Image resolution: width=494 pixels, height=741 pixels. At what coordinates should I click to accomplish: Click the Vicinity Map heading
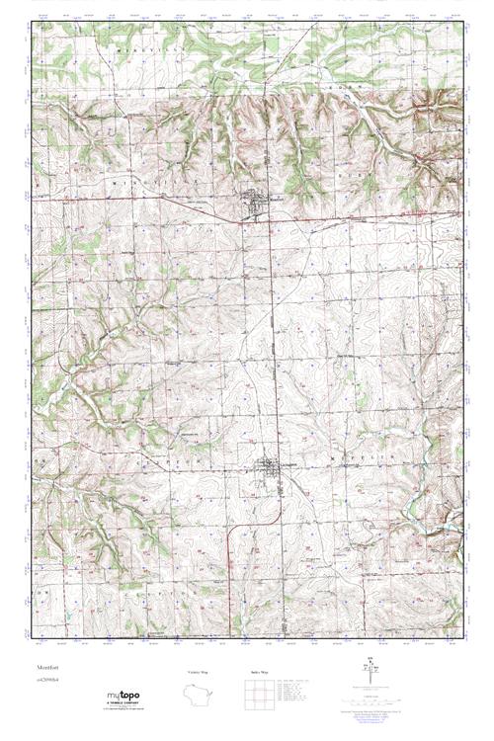(185, 673)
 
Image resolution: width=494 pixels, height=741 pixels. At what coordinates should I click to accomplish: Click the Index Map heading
(255, 673)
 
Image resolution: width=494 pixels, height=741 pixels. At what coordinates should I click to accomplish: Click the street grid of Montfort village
(259, 206)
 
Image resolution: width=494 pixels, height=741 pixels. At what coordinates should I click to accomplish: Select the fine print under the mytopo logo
(123, 708)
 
